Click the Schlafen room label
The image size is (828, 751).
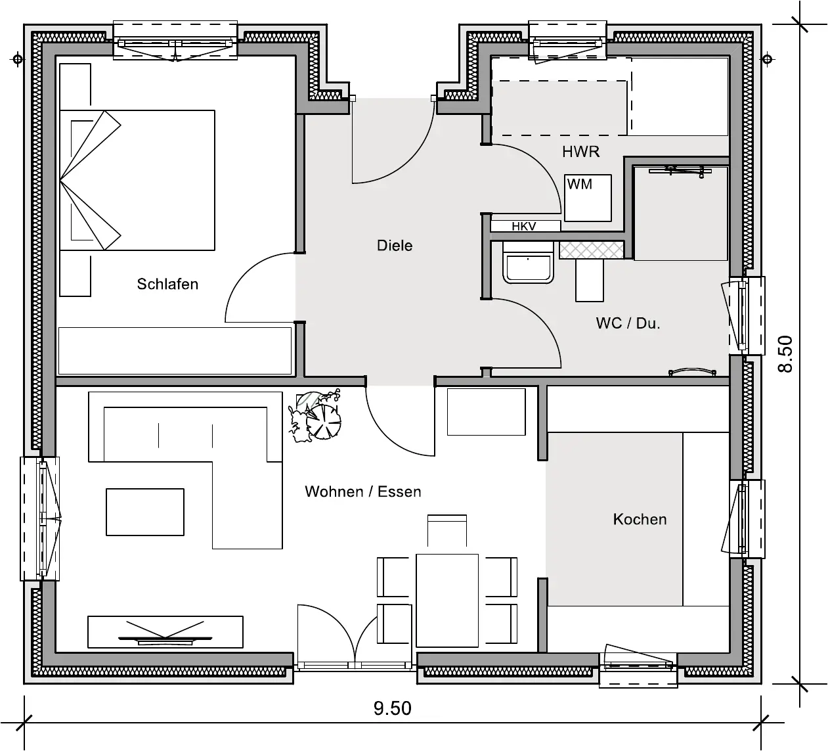167,284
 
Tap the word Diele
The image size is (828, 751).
395,246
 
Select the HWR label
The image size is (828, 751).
580,152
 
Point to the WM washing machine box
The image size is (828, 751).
588,198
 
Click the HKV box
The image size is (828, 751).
525,226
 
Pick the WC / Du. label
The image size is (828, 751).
628,323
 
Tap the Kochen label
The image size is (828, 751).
640,519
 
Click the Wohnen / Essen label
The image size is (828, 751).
363,491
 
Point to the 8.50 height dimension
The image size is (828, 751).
785,354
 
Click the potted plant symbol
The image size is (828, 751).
316,415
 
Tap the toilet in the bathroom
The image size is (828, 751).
528,263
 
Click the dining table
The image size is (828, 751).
447,601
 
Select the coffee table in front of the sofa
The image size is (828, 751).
145,512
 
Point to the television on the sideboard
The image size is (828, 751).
165,632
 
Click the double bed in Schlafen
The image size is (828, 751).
137,180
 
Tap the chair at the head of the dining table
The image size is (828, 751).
447,530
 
